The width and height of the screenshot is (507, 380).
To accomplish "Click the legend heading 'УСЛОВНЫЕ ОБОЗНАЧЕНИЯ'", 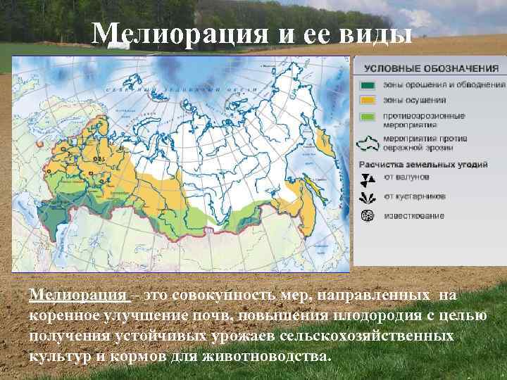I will (x=431, y=68).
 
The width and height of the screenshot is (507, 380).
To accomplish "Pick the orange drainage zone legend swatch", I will (x=368, y=100).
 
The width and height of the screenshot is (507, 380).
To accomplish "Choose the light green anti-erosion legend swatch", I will (x=368, y=115).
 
